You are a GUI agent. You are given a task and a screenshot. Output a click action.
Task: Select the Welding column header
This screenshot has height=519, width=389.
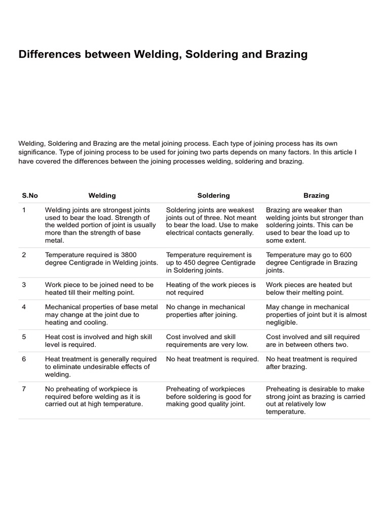(102, 195)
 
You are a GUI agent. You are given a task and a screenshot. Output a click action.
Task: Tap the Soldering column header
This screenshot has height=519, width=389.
(213, 195)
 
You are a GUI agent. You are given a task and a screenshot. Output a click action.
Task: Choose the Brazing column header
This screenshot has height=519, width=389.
(316, 195)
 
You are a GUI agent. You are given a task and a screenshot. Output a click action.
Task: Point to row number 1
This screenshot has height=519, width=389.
(24, 210)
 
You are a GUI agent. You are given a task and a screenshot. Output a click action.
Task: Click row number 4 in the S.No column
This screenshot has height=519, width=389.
(24, 307)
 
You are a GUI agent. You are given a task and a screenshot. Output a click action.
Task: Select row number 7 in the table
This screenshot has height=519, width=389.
(24, 389)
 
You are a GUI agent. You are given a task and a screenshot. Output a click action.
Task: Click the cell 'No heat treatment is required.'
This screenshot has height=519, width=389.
(212, 359)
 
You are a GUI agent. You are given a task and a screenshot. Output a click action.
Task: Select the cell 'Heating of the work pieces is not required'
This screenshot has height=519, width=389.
(211, 288)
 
